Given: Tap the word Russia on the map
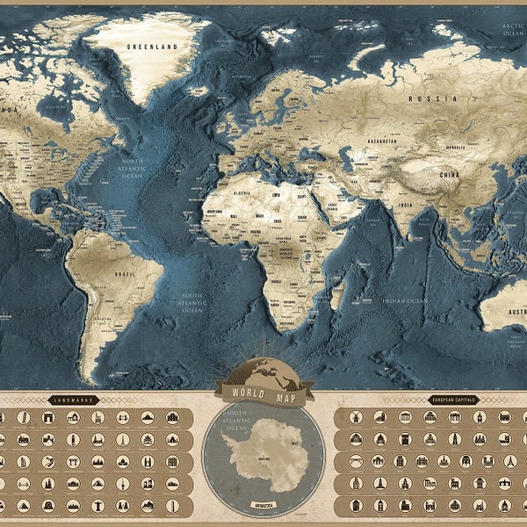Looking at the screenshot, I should point(439,99).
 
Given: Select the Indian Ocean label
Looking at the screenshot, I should point(405,301).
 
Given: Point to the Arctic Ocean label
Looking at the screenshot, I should point(511,29).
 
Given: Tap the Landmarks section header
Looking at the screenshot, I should point(72,401).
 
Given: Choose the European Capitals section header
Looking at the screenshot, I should point(452,401).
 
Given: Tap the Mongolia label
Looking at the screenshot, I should point(457,147).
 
